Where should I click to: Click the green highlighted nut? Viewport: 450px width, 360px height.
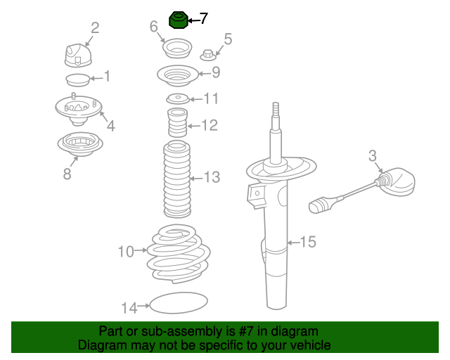point(178,20)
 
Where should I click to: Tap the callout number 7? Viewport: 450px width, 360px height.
point(203,19)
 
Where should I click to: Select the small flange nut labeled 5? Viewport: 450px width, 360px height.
point(208,55)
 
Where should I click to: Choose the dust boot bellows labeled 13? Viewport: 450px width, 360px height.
point(177,179)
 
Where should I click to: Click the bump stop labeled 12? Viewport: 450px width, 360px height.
point(177,122)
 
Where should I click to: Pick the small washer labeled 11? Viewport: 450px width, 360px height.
point(178,99)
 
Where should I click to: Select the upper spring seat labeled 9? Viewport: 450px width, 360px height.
point(178,75)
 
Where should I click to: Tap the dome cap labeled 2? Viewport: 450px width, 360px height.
point(78,56)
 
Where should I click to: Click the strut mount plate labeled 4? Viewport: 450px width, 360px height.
point(78,110)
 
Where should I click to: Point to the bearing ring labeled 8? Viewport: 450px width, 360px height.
point(80,144)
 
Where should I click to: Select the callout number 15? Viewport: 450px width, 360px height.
point(308,242)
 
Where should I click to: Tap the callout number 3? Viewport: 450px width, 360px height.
point(372,156)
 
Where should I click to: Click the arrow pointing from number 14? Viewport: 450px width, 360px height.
point(143,306)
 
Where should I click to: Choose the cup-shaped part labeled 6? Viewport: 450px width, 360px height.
point(177,49)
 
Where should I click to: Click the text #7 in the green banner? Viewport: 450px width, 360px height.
point(245,331)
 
